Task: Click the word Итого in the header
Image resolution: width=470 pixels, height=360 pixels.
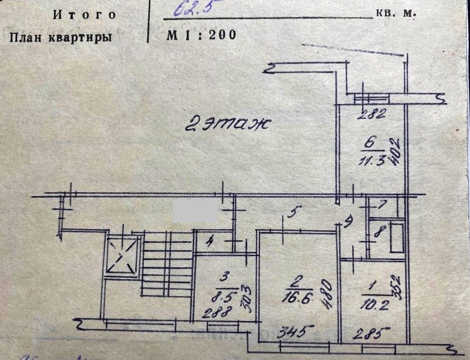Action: (85, 15)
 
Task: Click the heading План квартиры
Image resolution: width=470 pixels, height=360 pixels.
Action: (61, 37)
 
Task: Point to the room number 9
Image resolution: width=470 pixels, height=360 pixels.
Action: (349, 222)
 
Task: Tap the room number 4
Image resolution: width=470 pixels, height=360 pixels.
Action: (209, 243)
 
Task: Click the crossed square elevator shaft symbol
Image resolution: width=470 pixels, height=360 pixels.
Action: (122, 256)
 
